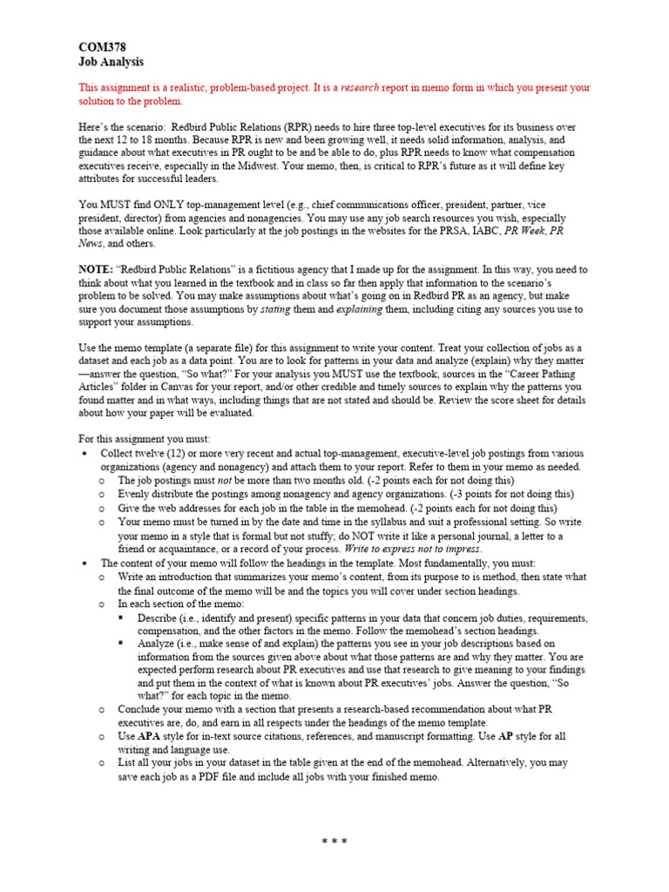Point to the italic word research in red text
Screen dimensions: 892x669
[358, 88]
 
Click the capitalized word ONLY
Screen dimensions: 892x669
[168, 206]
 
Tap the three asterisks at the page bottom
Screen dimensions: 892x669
[334, 842]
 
